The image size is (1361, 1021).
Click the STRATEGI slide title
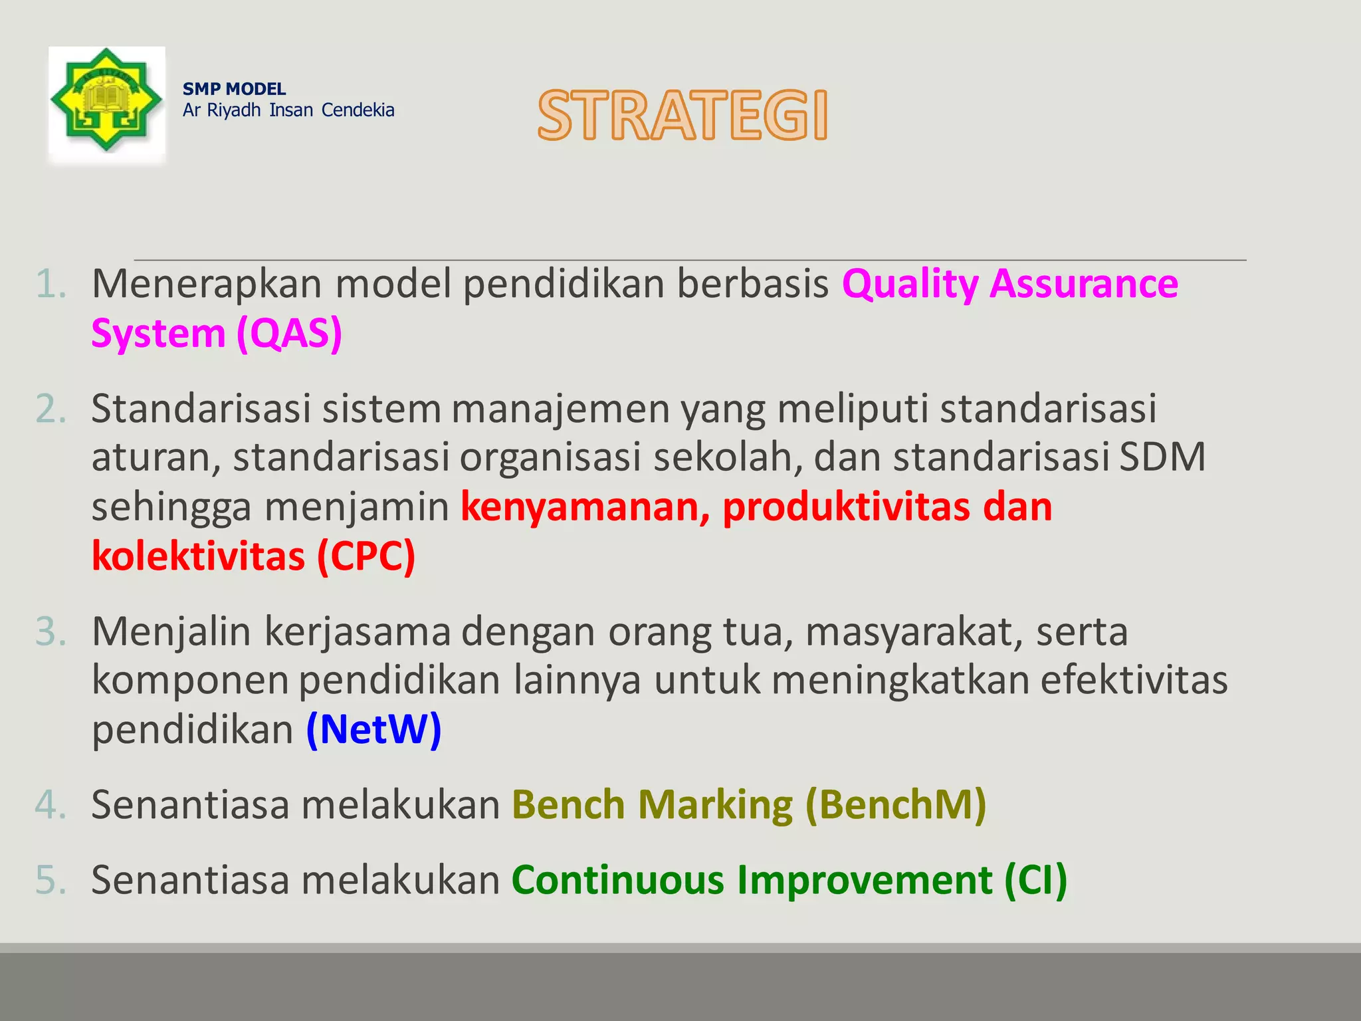tap(682, 116)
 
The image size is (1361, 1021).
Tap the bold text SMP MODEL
tap(234, 89)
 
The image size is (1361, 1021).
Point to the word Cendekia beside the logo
tap(358, 110)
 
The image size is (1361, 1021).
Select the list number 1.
tap(51, 284)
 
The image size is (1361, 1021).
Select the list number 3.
tap(51, 631)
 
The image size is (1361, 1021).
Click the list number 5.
tap(51, 880)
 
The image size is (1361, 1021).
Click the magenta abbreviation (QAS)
tap(289, 334)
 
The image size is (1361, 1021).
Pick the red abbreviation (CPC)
tap(366, 556)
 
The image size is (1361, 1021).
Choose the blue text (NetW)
tap(373, 730)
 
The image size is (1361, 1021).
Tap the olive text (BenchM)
tap(895, 805)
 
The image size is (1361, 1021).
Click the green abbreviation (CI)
tap(1035, 880)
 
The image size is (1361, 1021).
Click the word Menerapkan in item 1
tap(206, 284)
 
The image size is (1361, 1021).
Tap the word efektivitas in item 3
tap(1133, 681)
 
